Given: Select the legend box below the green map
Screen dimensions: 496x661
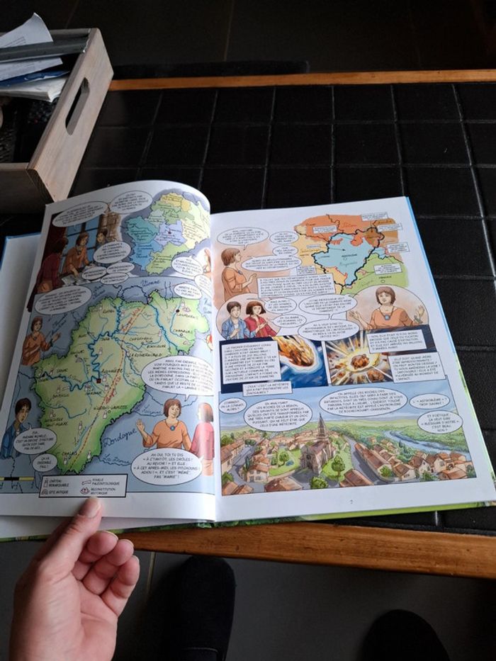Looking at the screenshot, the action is click(82, 485).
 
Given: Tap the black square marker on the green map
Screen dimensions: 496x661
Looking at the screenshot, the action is click(98, 380).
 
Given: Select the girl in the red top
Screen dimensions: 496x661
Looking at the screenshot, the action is click(259, 320).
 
